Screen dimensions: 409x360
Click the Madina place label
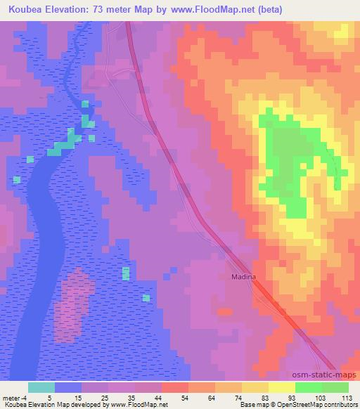pos(242,277)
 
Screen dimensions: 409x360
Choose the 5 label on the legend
pos(49,398)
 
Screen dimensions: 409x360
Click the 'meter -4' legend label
pos(15,398)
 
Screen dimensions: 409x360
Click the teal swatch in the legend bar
pos(41,387)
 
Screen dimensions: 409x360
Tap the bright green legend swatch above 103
pos(309,387)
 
